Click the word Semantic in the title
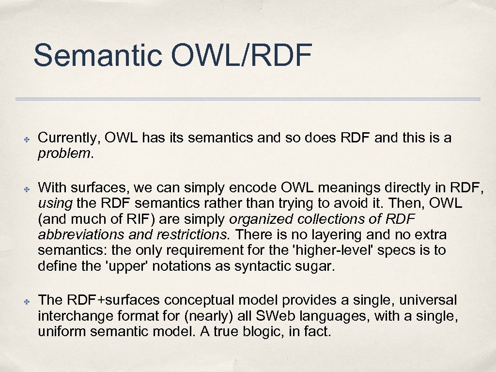pyautogui.click(x=98, y=55)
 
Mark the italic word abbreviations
pyautogui.click(x=80, y=235)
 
